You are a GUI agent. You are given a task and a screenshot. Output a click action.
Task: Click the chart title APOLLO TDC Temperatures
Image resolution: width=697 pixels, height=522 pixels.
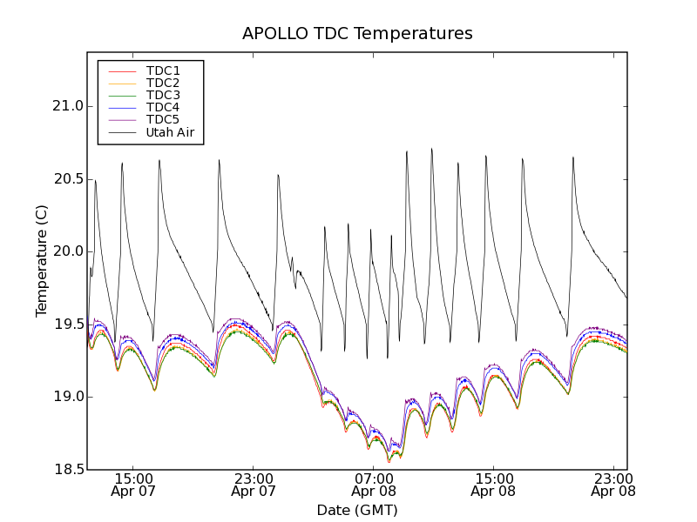pos(357,34)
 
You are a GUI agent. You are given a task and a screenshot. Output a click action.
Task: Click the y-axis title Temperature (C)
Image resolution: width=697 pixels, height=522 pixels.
pos(42,261)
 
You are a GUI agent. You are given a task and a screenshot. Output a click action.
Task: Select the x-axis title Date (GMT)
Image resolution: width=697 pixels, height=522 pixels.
pos(357,510)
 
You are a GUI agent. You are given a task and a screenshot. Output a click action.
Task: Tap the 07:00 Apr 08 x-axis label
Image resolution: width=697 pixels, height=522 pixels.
pos(374,485)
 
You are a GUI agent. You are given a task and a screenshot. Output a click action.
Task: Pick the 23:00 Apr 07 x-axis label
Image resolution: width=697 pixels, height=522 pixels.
pos(254,485)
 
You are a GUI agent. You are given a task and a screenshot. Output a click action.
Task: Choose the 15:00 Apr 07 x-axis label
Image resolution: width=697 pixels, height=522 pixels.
pos(133,485)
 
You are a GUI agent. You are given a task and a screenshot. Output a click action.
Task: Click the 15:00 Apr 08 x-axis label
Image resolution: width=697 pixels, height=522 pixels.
pos(493,485)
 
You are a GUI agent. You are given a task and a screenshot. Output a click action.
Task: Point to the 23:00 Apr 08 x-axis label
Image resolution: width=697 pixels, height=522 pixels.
pos(613,485)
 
